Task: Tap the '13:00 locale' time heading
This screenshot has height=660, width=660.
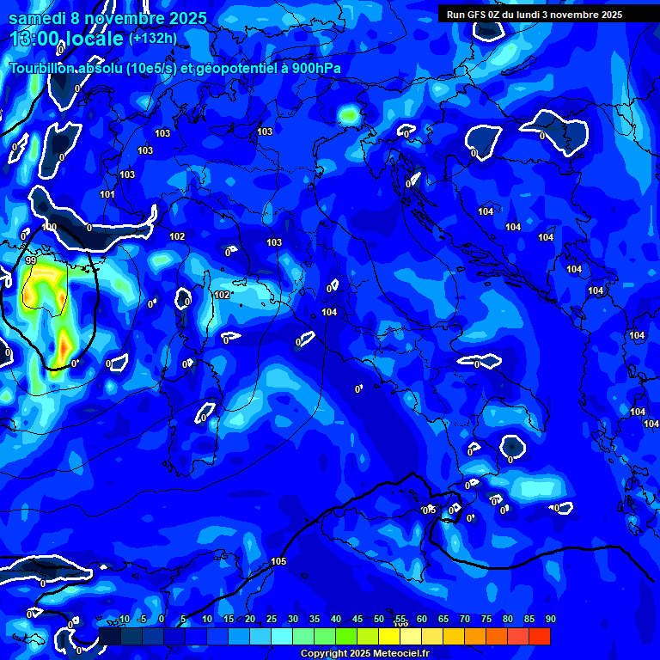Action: click(x=66, y=39)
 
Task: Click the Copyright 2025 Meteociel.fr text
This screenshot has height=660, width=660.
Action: click(x=364, y=653)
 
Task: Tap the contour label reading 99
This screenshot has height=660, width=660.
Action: click(x=31, y=260)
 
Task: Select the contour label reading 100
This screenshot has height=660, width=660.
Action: click(x=50, y=228)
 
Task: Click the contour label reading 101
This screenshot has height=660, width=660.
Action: click(x=107, y=195)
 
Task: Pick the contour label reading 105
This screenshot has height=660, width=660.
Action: click(x=278, y=561)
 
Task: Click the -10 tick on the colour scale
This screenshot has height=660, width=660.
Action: click(x=123, y=619)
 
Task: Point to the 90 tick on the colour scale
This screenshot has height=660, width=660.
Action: click(x=550, y=619)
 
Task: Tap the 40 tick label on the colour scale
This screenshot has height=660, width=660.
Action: click(x=336, y=619)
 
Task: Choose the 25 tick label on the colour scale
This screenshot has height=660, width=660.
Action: click(x=272, y=619)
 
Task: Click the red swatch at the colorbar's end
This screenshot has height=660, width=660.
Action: click(x=539, y=636)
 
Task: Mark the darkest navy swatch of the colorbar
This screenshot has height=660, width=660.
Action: click(x=110, y=636)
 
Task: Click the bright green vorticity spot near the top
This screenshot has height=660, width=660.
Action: click(x=348, y=113)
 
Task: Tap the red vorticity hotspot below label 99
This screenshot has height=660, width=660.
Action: click(x=63, y=348)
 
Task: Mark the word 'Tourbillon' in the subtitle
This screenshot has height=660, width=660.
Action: click(x=40, y=69)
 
